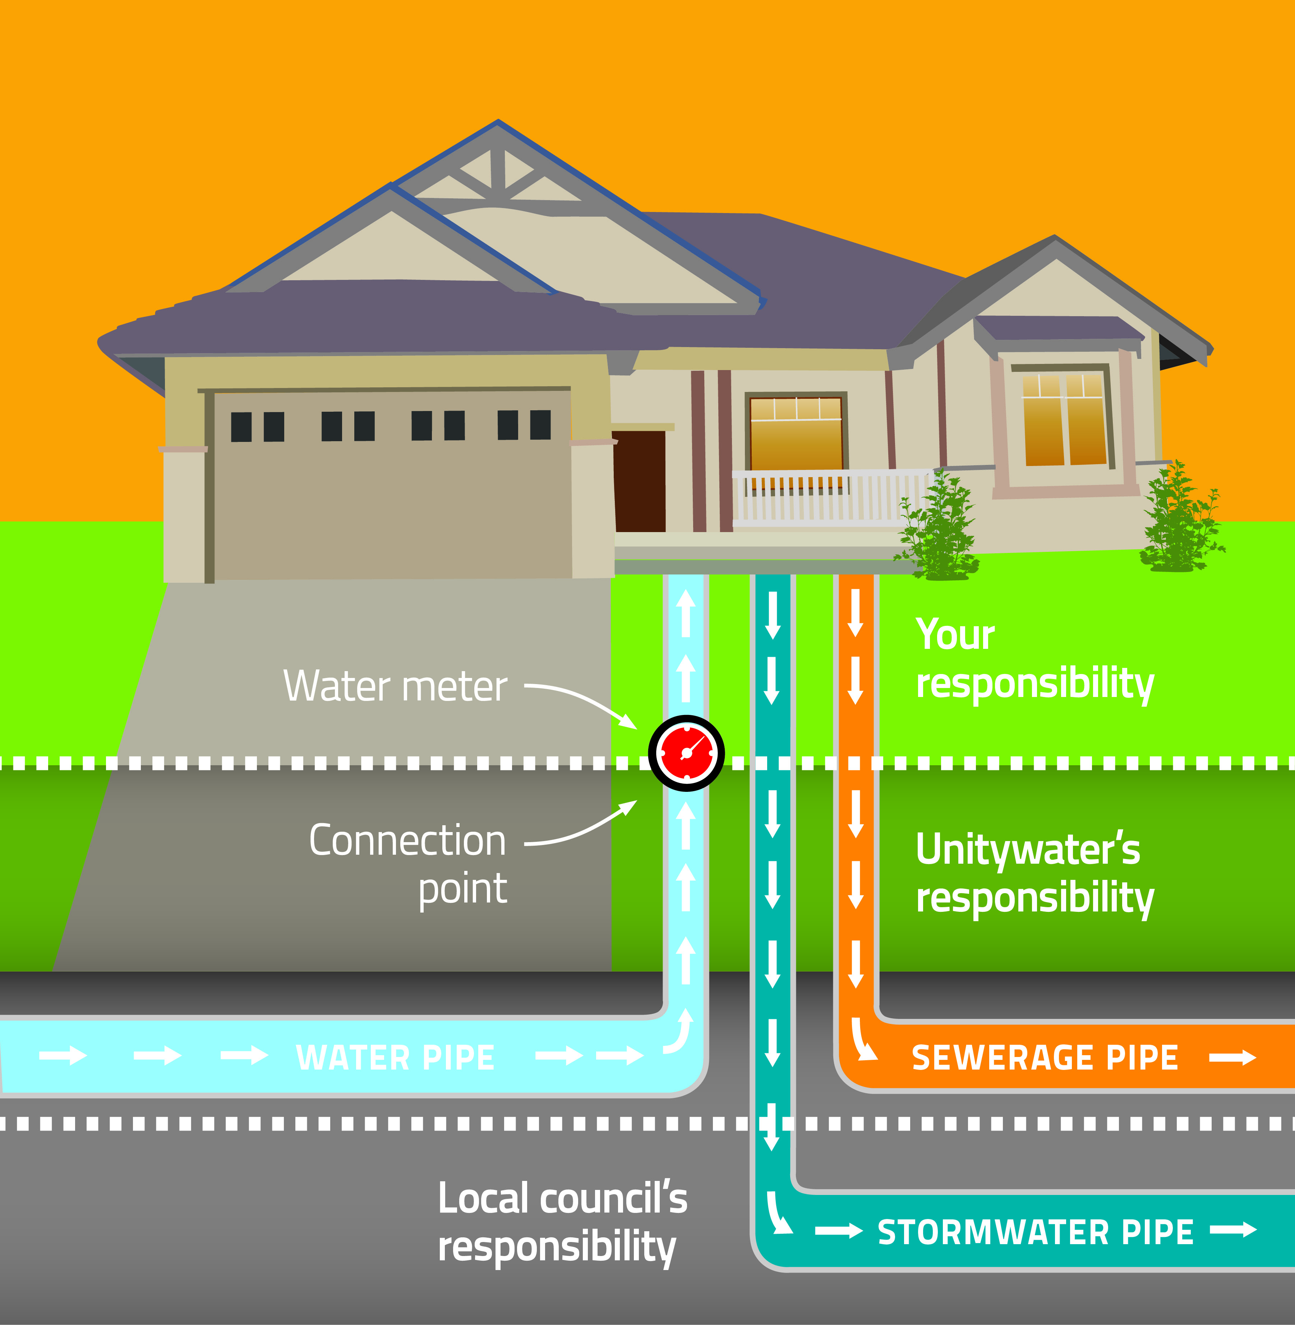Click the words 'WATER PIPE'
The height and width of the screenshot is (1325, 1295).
click(x=395, y=1058)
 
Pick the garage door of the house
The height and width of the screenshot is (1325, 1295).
click(x=392, y=484)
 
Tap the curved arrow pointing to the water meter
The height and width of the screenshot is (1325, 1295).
click(x=581, y=701)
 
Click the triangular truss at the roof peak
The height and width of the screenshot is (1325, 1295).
click(x=498, y=174)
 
